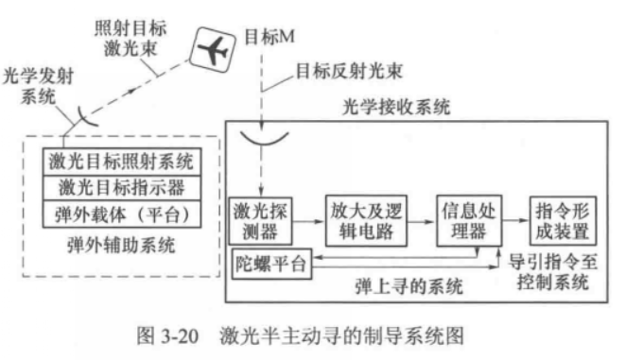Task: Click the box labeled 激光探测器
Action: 259,220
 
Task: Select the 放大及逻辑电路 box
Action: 361,220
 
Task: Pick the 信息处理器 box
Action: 465,220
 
